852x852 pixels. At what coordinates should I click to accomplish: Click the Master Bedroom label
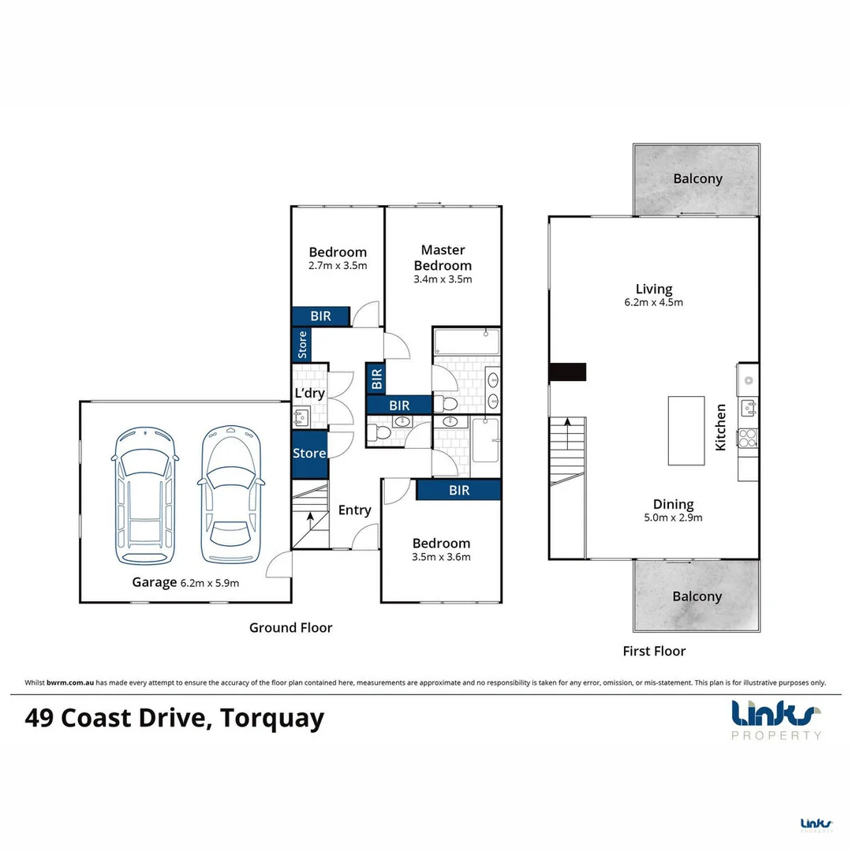(442, 258)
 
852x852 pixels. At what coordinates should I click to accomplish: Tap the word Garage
(155, 582)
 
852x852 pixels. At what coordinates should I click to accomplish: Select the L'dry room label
(309, 393)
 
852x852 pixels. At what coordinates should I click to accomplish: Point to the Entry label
(354, 510)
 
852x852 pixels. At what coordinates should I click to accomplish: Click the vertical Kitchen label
(720, 427)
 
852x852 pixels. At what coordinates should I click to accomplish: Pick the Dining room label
(673, 504)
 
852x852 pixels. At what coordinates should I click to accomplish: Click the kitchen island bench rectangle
(686, 431)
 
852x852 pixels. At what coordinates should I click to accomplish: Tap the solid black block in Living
(568, 372)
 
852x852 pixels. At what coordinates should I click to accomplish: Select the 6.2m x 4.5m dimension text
(654, 302)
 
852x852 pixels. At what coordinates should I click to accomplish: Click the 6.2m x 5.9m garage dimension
(210, 583)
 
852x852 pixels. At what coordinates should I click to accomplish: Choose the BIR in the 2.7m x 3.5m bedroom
(320, 316)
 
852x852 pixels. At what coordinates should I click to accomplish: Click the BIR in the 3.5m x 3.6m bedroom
(459, 490)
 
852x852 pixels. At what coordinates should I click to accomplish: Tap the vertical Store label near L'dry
(301, 345)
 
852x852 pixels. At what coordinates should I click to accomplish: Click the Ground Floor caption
(290, 628)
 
